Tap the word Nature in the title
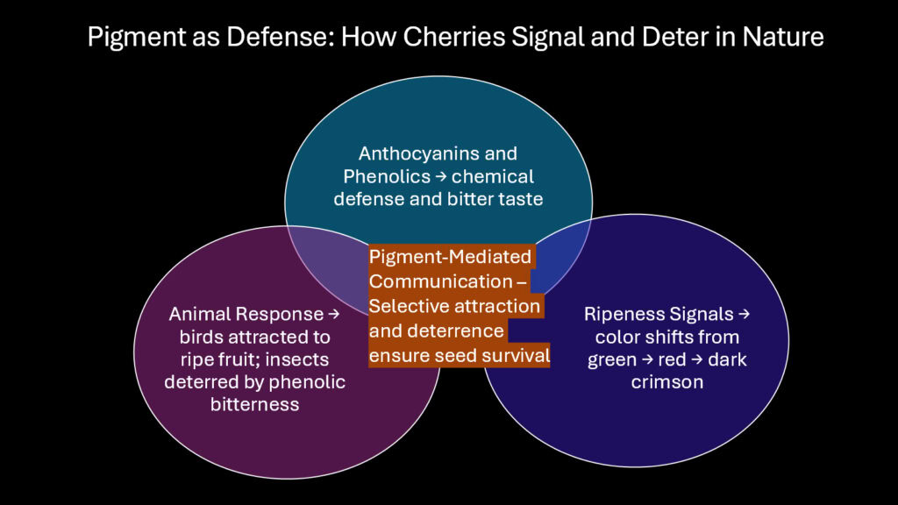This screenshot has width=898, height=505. tap(779, 39)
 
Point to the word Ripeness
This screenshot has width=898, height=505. tap(617, 314)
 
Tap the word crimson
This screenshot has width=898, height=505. tap(666, 382)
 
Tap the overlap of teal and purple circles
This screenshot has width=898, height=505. tap(329, 263)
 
